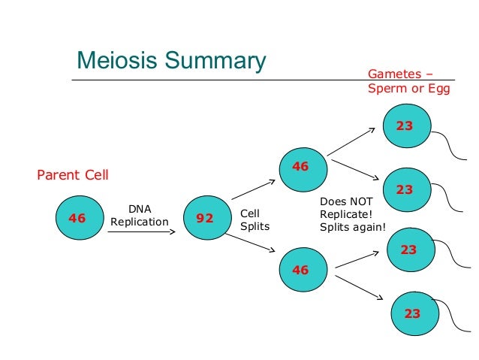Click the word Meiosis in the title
coord(117,60)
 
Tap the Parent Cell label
coord(73,175)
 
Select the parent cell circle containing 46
coord(80,218)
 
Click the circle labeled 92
coord(207,218)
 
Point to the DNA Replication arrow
coord(141,231)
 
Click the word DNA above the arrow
coord(140,209)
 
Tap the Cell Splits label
coord(255,220)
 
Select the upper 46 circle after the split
coord(303,170)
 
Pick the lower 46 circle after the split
coord(303,270)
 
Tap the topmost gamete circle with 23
coord(407,126)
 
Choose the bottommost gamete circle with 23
coord(415,313)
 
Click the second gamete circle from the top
coord(407,189)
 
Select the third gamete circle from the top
coord(411,250)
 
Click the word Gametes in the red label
coord(395,74)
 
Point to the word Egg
coord(439,89)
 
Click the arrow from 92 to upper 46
coord(254,189)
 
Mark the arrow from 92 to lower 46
coord(250,244)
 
